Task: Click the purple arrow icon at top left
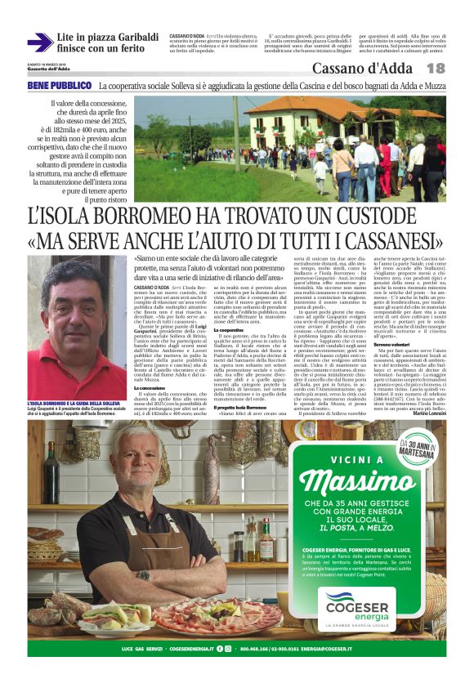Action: pos(39,43)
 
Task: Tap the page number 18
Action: pos(435,69)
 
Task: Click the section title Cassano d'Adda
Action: pos(368,69)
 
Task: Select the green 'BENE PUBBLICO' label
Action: pos(60,85)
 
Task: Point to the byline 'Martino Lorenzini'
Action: pos(424,413)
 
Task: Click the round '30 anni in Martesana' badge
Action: pos(418,445)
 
